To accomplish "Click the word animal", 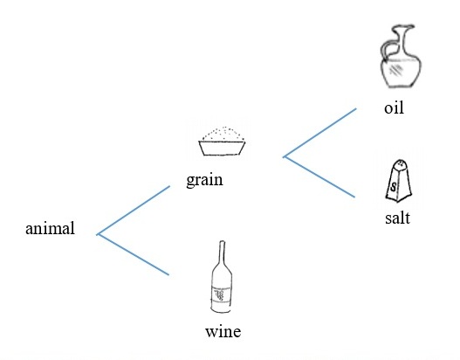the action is [x=50, y=228].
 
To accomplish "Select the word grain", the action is [x=204, y=180].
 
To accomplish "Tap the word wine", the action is [x=223, y=331].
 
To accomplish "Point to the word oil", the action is [x=394, y=107].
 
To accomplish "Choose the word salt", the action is [x=397, y=218].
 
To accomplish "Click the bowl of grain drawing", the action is [x=222, y=142].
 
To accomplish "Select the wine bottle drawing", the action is [x=222, y=277].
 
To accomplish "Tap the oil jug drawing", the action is [x=401, y=57].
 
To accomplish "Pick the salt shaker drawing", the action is [x=398, y=181].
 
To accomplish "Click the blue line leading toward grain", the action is [x=134, y=211].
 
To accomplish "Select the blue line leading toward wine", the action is [x=133, y=254].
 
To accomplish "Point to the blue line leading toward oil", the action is [x=319, y=133].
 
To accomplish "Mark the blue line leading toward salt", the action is [x=319, y=177].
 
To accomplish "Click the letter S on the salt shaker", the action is [x=394, y=187].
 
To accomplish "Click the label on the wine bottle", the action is [x=222, y=294].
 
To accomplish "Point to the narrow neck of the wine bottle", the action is [x=222, y=253].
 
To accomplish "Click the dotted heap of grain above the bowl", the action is [x=223, y=135].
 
